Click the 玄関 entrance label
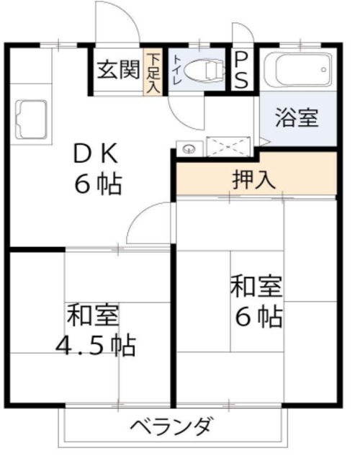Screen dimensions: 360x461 [118, 70]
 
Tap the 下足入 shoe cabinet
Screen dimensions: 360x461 [153, 72]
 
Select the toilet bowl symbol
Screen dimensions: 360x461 [204, 71]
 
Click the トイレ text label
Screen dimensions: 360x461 [177, 70]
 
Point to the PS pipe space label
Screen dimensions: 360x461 [241, 71]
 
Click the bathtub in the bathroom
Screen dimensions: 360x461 [298, 70]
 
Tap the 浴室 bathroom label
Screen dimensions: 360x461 [297, 117]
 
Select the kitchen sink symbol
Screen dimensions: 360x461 [31, 119]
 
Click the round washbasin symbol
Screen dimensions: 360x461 [189, 149]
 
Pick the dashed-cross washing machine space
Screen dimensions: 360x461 [228, 146]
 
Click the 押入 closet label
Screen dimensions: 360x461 [254, 179]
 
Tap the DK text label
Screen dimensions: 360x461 [96, 153]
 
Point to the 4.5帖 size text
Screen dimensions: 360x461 [96, 346]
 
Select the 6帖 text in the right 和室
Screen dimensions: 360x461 [259, 317]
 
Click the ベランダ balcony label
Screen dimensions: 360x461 [171, 426]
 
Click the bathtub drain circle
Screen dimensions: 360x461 [323, 70]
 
